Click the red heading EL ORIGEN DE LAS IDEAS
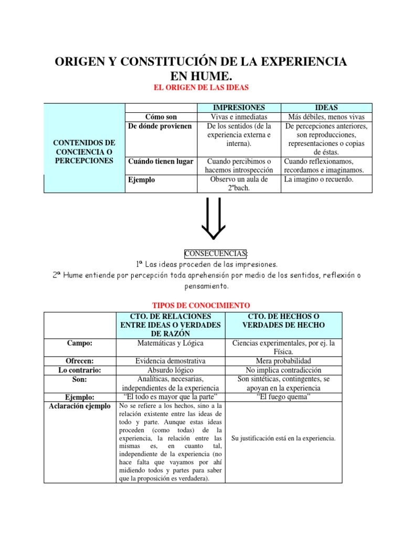tap(201, 88)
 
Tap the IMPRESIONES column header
tap(239, 107)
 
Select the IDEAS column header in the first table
tap(325, 107)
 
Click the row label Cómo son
tap(160, 117)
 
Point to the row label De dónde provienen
tap(160, 126)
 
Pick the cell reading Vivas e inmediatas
tap(239, 117)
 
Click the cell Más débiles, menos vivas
tap(326, 117)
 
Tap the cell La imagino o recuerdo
tap(319, 179)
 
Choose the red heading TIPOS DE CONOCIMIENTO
tap(201, 305)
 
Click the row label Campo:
tap(80, 343)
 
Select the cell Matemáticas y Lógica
tap(170, 343)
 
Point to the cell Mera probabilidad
tap(283, 361)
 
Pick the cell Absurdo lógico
tap(170, 370)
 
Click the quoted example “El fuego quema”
tap(283, 397)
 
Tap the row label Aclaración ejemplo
tap(80, 406)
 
